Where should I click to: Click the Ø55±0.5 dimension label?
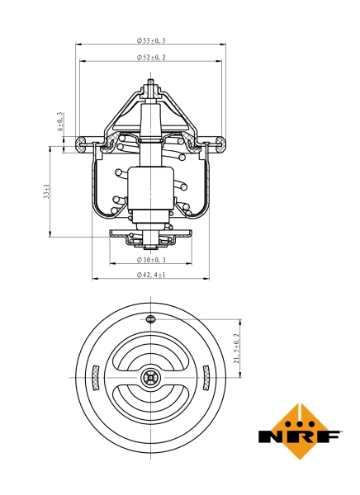pos(151,40)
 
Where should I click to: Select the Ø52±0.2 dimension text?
pos(151,57)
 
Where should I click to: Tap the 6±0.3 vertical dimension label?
pos(60,123)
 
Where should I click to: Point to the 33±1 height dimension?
pos(48,191)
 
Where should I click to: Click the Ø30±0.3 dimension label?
pos(151,260)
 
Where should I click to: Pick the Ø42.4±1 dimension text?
pos(151,275)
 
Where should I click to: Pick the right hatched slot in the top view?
pos(206,379)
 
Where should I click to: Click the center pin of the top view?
pos(150,378)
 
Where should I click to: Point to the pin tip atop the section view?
pos(150,82)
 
